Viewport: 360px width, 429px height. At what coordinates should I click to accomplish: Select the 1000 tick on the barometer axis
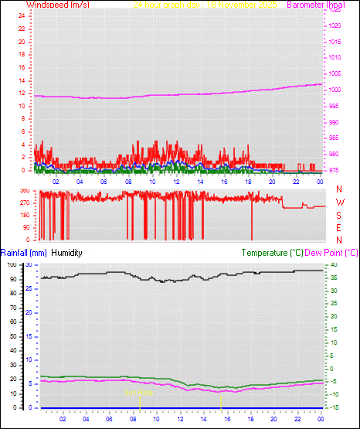[334, 90]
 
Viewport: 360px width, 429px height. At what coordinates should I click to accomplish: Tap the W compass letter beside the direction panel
[339, 202]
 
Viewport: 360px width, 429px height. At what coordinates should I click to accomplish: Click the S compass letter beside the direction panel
[339, 214]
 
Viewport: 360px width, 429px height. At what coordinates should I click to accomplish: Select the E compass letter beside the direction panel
[339, 227]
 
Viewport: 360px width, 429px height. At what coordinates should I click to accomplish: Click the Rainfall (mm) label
[24, 253]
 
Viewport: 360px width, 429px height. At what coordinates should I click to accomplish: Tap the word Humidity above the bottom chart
[66, 253]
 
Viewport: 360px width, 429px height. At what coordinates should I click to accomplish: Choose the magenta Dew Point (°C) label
[332, 253]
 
